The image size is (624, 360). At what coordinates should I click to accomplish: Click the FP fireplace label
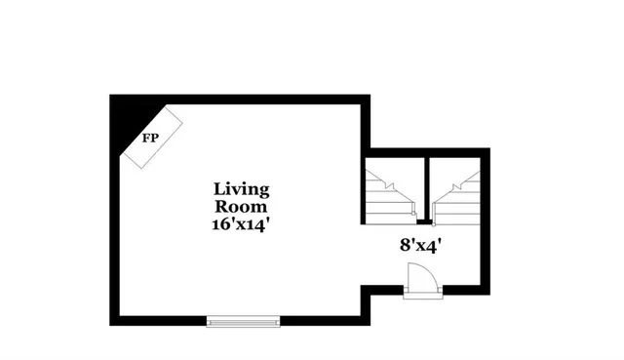151,138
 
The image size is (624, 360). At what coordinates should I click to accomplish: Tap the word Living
242,188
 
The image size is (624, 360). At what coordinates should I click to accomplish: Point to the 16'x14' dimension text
241,223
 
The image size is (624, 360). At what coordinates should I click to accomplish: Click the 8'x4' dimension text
422,246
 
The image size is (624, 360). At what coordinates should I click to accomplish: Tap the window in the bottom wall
244,321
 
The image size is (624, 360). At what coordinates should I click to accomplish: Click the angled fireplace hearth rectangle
156,139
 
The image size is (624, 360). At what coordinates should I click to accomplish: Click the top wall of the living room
244,100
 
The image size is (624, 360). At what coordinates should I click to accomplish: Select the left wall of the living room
114,224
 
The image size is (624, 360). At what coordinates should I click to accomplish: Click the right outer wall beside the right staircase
485,195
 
